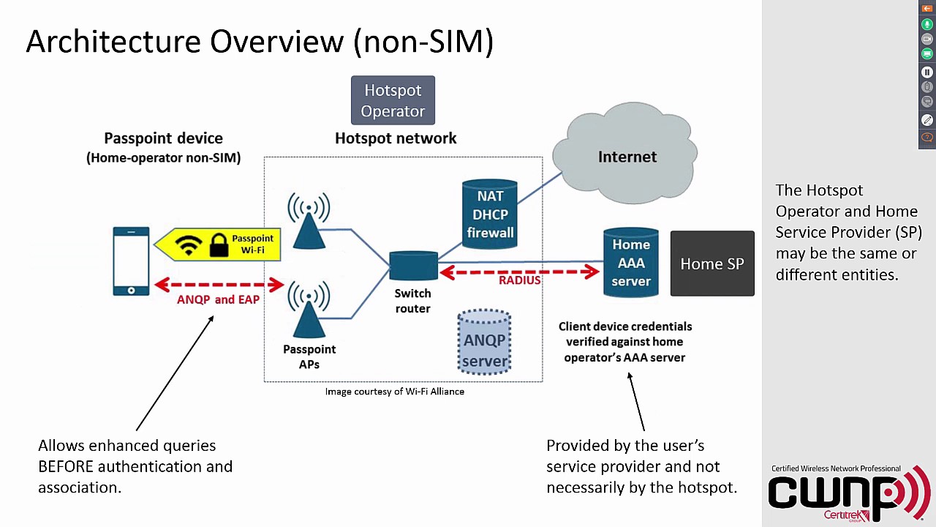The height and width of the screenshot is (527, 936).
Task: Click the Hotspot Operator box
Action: click(x=393, y=100)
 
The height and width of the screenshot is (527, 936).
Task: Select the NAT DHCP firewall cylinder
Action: click(x=489, y=214)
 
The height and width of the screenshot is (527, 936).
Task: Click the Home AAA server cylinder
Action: click(x=630, y=263)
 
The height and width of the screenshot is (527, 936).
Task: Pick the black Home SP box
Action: click(x=712, y=264)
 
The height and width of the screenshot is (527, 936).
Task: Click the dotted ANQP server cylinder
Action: click(x=483, y=343)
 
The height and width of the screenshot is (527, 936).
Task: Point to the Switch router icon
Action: click(x=413, y=266)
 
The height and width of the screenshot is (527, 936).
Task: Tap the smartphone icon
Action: click(x=131, y=261)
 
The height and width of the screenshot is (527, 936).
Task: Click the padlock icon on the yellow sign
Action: click(x=219, y=245)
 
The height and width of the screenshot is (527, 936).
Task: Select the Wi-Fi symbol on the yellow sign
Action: click(x=188, y=244)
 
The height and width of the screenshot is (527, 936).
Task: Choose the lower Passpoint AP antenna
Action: click(x=309, y=311)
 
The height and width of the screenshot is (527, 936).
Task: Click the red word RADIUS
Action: click(x=519, y=280)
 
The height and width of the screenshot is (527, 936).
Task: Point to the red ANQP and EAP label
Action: click(x=218, y=299)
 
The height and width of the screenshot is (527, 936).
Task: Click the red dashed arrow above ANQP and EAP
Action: click(x=219, y=284)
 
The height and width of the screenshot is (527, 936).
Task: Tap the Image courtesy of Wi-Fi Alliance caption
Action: click(x=394, y=392)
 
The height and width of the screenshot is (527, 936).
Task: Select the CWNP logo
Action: click(x=848, y=495)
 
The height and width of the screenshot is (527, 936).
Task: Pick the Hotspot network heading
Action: click(x=396, y=138)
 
